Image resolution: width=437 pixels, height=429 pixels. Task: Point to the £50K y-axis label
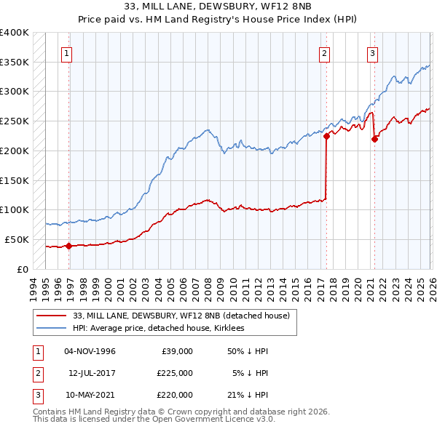click(x=17, y=239)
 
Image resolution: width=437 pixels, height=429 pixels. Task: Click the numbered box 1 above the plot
click(x=66, y=52)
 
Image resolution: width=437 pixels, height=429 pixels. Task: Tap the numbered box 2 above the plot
click(x=323, y=52)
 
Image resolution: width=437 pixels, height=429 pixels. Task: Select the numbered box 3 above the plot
click(x=372, y=52)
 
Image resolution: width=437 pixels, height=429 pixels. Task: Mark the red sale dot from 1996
click(x=68, y=246)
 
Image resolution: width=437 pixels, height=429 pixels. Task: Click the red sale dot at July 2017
click(x=326, y=135)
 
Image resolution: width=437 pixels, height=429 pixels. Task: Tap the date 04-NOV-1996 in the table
click(x=90, y=351)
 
